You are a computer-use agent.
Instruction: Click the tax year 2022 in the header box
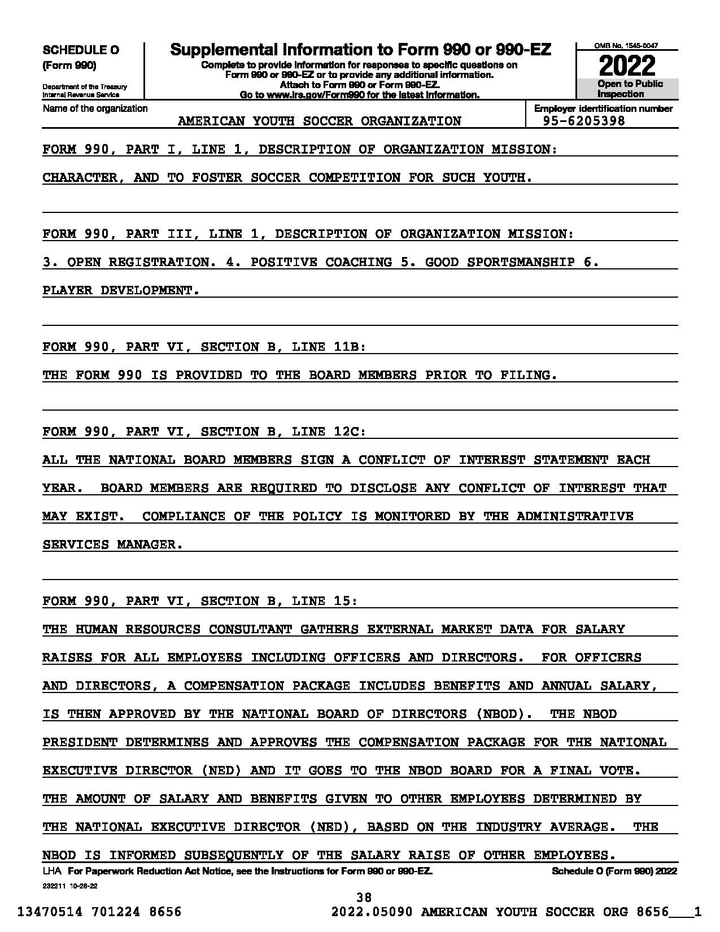point(627,66)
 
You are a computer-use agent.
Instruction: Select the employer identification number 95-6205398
point(584,121)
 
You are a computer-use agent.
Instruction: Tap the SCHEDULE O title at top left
point(81,50)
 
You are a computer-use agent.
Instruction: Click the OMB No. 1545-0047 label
point(626,46)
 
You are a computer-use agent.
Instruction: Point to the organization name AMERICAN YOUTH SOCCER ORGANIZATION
point(319,121)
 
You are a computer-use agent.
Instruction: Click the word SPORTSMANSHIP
point(521,262)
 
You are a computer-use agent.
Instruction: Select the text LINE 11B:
point(329,347)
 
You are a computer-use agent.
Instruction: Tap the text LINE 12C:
point(329,432)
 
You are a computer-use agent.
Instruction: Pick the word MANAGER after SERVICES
point(150,545)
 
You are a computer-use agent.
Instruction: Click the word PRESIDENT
point(80,742)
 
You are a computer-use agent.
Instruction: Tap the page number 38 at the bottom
point(364,897)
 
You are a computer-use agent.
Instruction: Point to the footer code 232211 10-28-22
point(70,886)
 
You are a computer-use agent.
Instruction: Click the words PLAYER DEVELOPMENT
point(121,290)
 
